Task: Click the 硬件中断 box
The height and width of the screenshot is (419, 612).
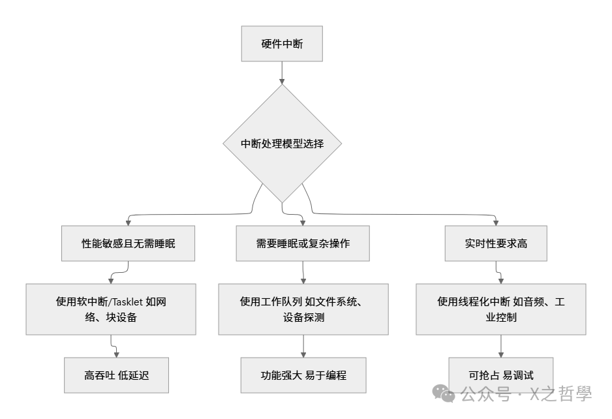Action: [x=281, y=44]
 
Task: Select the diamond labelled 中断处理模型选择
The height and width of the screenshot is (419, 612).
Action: [x=282, y=144]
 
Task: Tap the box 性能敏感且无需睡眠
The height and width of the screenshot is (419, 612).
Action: [x=129, y=243]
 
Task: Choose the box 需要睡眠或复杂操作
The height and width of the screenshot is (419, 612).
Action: [x=303, y=243]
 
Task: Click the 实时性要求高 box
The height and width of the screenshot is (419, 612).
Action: [x=495, y=243]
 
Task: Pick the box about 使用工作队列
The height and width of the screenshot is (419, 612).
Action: [x=303, y=309]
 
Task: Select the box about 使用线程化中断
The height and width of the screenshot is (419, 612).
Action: [x=500, y=309]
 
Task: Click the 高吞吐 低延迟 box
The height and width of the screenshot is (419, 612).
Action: [x=117, y=375]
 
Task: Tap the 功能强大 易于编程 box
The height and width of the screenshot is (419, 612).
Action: [x=303, y=375]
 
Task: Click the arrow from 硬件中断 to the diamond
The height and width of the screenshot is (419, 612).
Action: [x=282, y=72]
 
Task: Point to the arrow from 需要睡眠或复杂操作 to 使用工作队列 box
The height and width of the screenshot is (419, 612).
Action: [x=303, y=272]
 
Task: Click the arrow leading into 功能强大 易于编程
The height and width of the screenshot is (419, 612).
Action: [x=303, y=346]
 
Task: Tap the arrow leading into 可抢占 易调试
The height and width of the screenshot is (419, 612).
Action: [x=500, y=346]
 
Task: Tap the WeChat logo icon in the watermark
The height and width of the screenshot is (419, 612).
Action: [x=446, y=394]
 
